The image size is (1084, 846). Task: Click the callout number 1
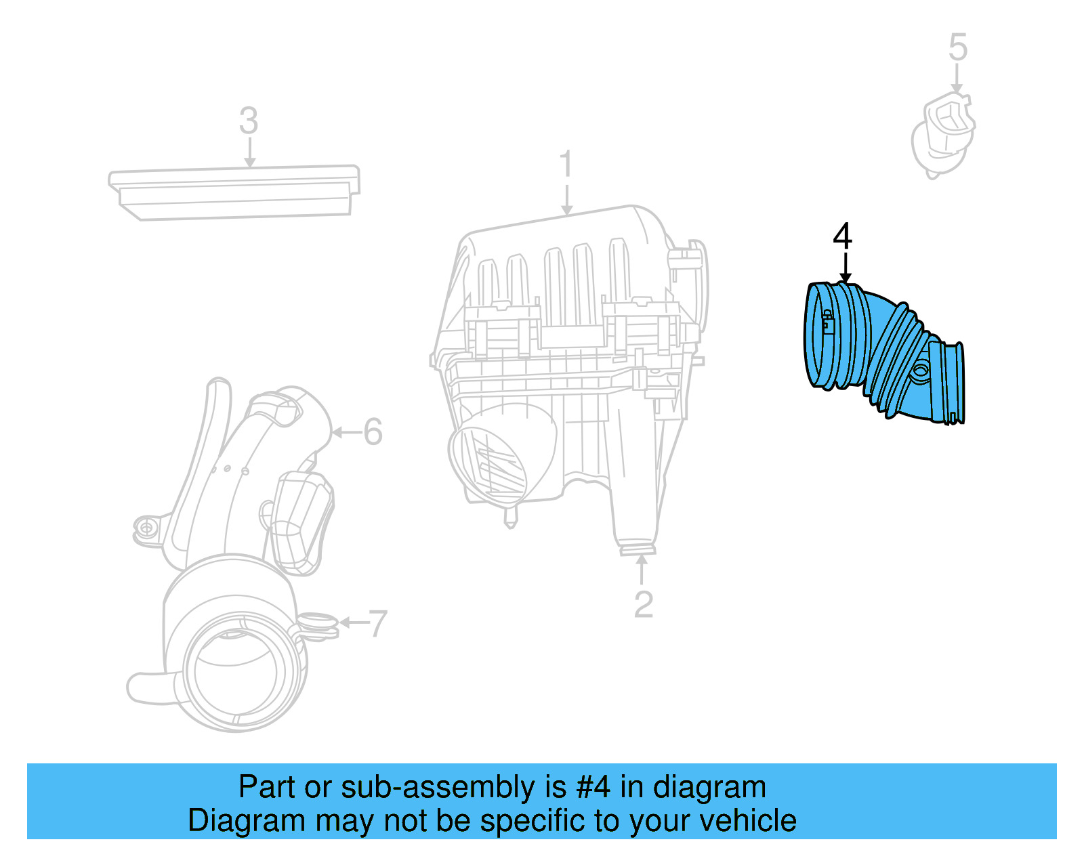point(566,166)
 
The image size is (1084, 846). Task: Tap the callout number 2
point(643,604)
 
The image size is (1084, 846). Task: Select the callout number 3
point(249,121)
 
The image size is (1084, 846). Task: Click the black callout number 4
point(842,236)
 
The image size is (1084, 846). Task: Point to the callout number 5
point(957,47)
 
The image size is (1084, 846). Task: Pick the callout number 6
point(373,431)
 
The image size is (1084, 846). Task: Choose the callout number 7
point(377,623)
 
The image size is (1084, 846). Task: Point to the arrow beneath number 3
point(249,152)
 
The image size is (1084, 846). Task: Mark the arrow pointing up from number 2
point(642,569)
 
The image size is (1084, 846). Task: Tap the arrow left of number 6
point(346,431)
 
